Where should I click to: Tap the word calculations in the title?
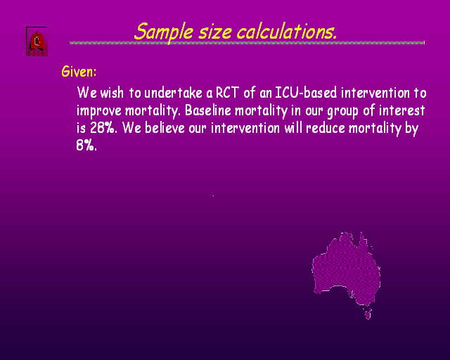click(x=287, y=32)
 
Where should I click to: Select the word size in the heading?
click(x=215, y=32)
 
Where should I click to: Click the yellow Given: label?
click(x=79, y=72)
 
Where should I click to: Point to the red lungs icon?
click(x=37, y=41)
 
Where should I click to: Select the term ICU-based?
click(x=306, y=93)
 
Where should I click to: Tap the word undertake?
click(x=174, y=93)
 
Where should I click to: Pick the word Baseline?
click(x=208, y=110)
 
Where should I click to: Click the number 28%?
click(x=103, y=128)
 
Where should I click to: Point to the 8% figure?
click(x=86, y=146)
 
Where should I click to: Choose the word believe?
click(x=165, y=128)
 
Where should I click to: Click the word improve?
click(x=99, y=111)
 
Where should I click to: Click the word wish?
click(x=112, y=93)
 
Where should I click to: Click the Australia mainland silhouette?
click(x=347, y=269)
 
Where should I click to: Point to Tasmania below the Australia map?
click(x=368, y=314)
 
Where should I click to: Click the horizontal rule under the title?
click(x=247, y=43)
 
